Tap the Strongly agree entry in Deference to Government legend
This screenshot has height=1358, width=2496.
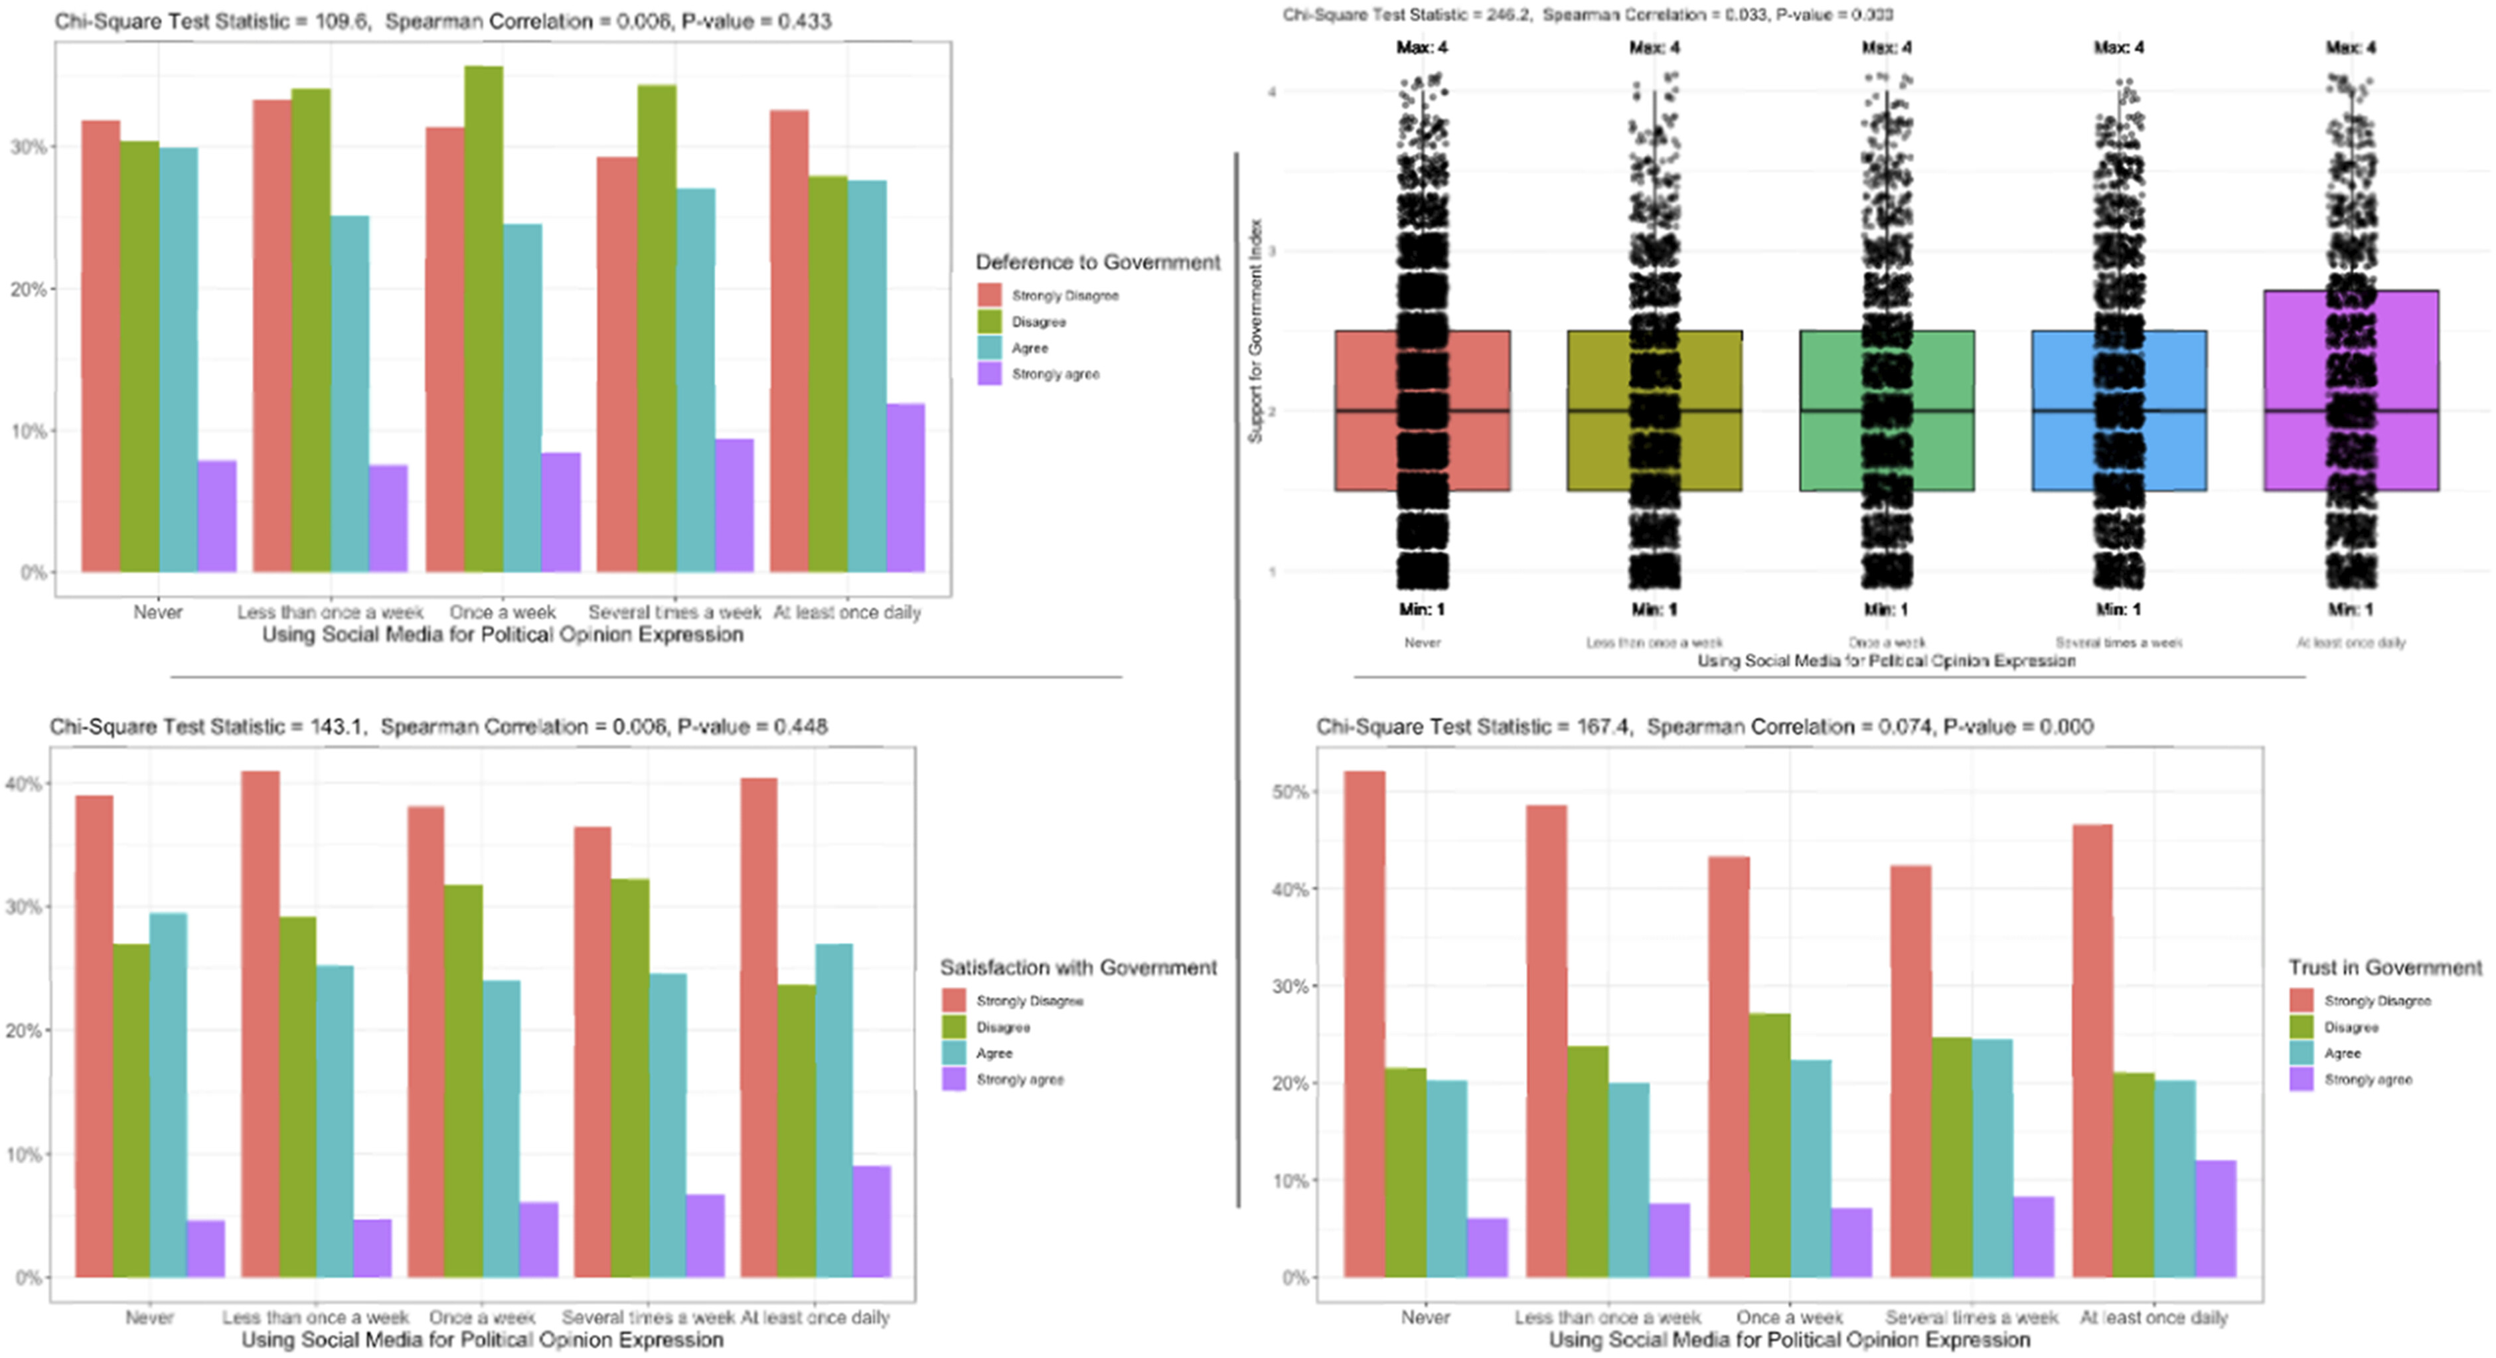pos(1054,374)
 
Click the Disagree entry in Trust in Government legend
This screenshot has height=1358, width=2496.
pos(2351,1027)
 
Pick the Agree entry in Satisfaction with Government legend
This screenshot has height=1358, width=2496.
pos(994,1053)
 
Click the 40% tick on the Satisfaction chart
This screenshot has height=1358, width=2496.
pos(23,784)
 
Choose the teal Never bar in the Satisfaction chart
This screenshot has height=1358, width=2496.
pos(168,1094)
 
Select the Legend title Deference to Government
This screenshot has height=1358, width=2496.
pos(1097,262)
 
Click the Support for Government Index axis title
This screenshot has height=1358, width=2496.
pos(1255,331)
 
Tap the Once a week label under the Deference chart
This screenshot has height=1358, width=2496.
pos(502,612)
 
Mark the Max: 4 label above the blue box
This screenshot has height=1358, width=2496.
pos(2118,48)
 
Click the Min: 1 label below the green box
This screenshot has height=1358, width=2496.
pos(1885,609)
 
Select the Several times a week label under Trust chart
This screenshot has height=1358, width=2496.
pos(1971,1318)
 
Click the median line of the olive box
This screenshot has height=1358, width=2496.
pos(1599,411)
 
